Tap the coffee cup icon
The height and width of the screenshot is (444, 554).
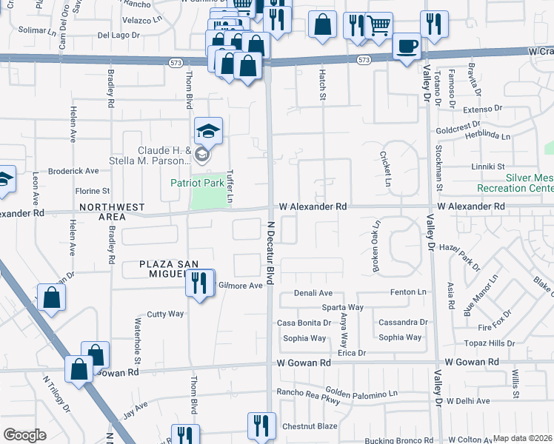(407, 47)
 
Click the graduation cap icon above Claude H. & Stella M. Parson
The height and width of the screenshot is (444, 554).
(209, 132)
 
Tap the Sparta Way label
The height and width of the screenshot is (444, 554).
(341, 307)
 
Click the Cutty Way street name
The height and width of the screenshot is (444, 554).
(164, 314)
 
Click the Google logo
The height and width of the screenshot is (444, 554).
(24, 435)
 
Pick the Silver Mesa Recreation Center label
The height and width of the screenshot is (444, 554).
(529, 183)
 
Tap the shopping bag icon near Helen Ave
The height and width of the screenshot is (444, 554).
(51, 298)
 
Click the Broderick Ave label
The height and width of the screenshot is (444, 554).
(73, 171)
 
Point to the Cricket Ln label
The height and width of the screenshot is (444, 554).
(385, 168)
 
